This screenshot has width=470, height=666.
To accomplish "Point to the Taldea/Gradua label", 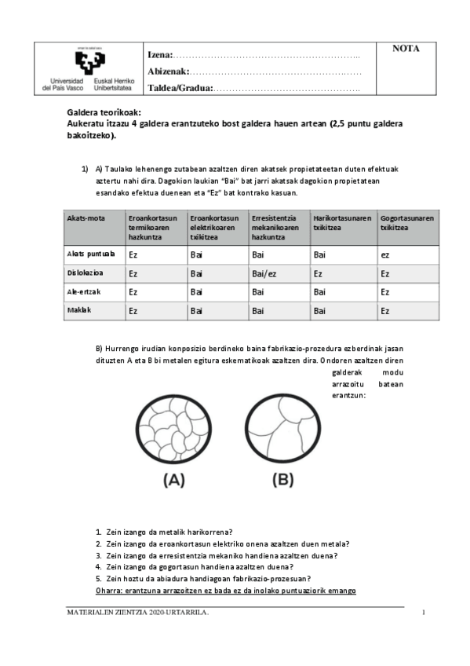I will tap(180, 88).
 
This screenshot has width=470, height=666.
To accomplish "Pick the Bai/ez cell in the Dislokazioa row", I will tap(263, 273).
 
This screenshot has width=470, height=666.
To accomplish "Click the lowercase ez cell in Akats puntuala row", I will tap(385, 254).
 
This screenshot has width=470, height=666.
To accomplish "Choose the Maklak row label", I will tap(79, 311).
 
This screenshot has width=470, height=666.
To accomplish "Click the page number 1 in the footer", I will tap(423, 613).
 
